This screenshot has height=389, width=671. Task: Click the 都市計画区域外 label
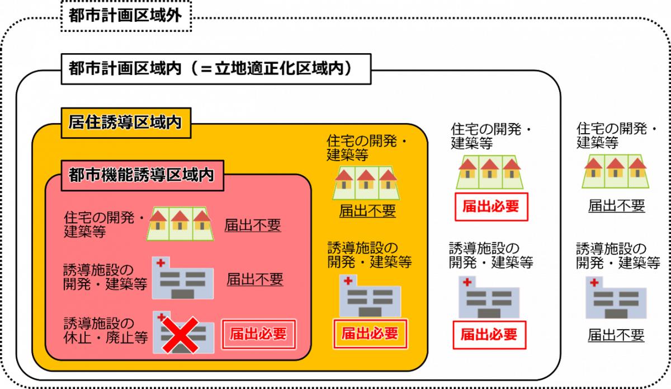pyautogui.click(x=126, y=16)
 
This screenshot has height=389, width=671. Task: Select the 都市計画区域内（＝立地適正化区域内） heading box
pyautogui.click(x=216, y=69)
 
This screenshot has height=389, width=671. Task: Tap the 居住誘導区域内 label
pyautogui.click(x=125, y=123)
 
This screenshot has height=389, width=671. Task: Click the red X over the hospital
pyautogui.click(x=180, y=335)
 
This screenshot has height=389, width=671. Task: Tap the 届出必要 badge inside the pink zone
pyautogui.click(x=258, y=334)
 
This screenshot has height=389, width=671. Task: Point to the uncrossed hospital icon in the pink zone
pyautogui.click(x=182, y=278)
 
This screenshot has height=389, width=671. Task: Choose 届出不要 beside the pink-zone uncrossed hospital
pyautogui.click(x=254, y=279)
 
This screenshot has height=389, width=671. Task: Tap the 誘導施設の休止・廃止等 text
pyautogui.click(x=105, y=331)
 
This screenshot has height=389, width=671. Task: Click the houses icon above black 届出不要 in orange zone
pyautogui.click(x=366, y=180)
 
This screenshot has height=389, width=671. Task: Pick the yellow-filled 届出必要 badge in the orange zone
pyautogui.click(x=370, y=334)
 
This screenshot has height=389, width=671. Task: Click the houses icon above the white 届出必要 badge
pyautogui.click(x=490, y=171)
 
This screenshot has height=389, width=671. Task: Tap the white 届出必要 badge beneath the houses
pyautogui.click(x=490, y=207)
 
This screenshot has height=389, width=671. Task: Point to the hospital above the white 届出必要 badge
pyautogui.click(x=489, y=297)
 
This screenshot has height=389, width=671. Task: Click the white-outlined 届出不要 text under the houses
pyautogui.click(x=616, y=206)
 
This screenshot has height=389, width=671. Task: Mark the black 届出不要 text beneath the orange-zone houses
pyautogui.click(x=367, y=211)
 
